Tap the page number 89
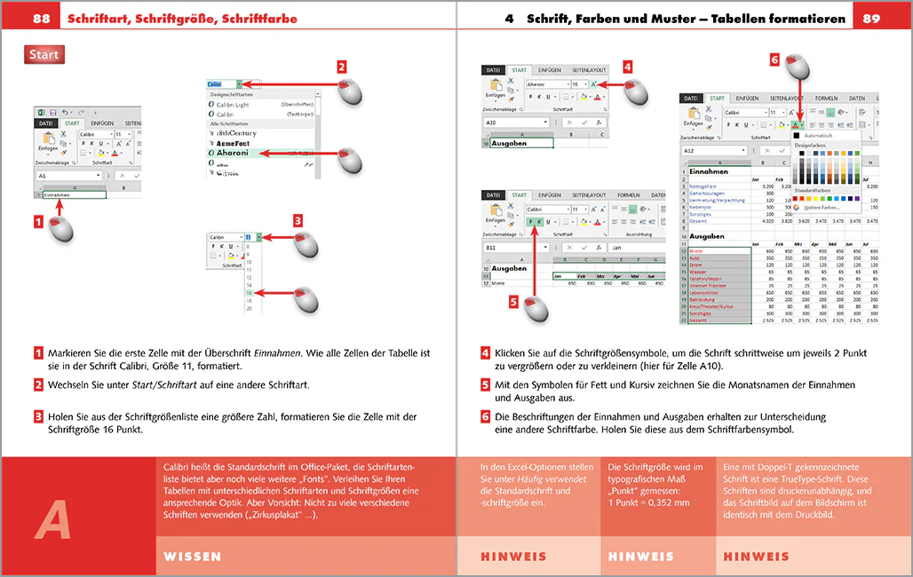tap(871, 18)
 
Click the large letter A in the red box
tap(52, 517)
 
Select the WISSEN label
tap(193, 557)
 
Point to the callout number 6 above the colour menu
tap(774, 60)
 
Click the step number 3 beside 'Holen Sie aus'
tap(39, 416)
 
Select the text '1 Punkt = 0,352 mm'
tap(648, 502)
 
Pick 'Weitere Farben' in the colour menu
tap(823, 207)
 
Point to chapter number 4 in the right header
tap(509, 18)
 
